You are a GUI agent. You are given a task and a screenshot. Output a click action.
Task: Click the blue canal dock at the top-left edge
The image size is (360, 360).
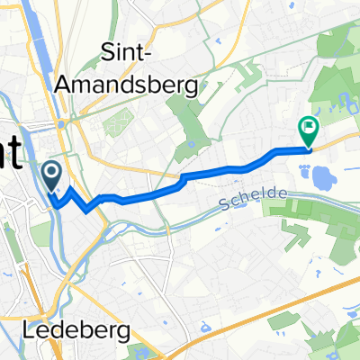(x=41, y=36)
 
